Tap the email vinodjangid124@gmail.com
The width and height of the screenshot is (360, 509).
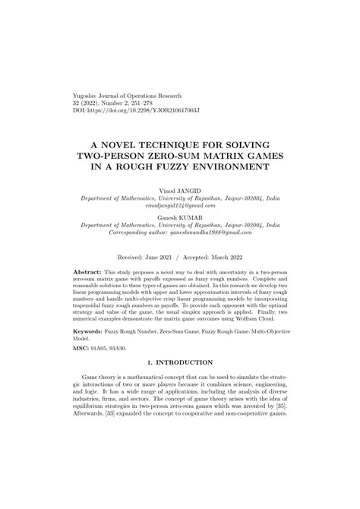[x=180, y=205]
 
